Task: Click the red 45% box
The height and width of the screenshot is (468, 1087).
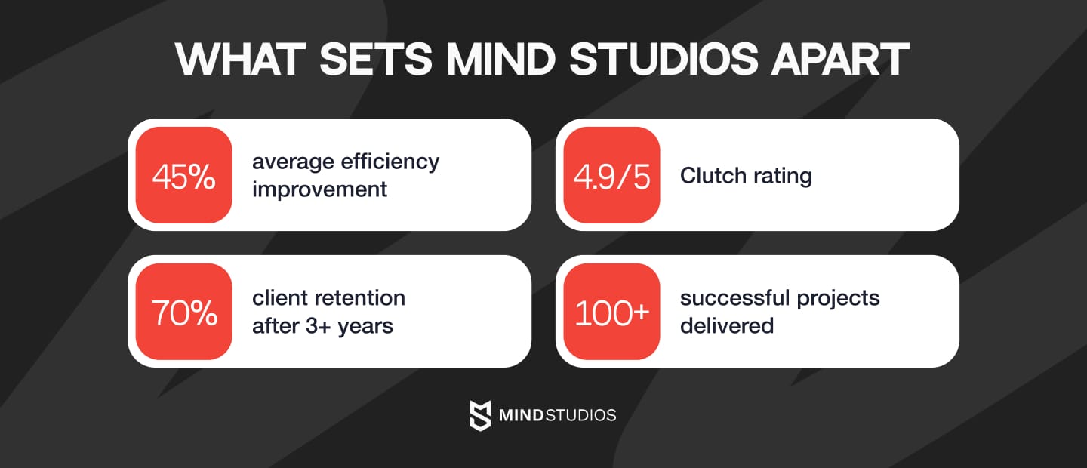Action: click(183, 175)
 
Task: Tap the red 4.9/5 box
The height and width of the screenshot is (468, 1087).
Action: click(611, 175)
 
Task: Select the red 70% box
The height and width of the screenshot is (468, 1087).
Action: click(183, 312)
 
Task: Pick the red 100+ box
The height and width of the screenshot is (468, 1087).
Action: click(611, 312)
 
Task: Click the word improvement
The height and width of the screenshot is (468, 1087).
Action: click(319, 189)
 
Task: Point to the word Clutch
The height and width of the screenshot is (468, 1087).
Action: click(715, 176)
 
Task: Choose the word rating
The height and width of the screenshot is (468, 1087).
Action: click(784, 176)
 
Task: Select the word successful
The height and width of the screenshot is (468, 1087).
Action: click(725, 298)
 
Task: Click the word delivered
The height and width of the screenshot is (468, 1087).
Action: click(727, 326)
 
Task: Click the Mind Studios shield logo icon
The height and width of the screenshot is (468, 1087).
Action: click(480, 415)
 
